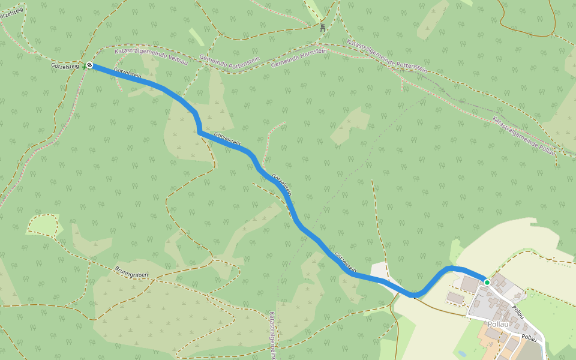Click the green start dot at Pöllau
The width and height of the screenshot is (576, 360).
(x=487, y=282)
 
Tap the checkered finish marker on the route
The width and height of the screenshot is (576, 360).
(x=89, y=65)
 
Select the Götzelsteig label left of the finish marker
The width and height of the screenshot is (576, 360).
(x=65, y=66)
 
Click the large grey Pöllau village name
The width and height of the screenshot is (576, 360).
(x=497, y=324)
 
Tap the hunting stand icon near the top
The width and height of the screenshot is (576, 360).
(x=322, y=27)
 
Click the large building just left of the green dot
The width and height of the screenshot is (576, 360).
(x=470, y=283)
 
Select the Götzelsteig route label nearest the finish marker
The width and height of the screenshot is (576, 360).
(x=127, y=74)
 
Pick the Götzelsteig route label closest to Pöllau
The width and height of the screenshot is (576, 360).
(x=346, y=262)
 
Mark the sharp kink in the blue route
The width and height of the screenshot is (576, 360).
(x=198, y=131)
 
